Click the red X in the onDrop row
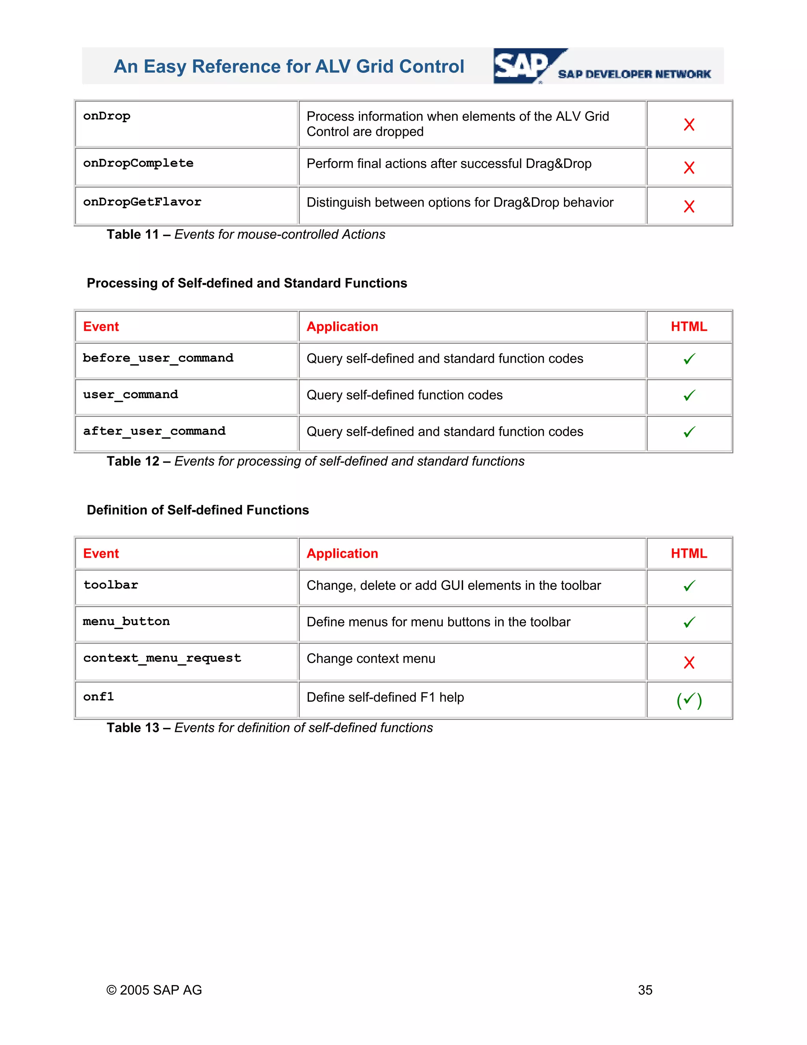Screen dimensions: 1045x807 pyautogui.click(x=688, y=124)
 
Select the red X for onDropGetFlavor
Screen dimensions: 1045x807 pyautogui.click(x=688, y=206)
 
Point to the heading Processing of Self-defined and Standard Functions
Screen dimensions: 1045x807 pyautogui.click(x=247, y=283)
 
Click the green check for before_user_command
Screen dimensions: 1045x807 pyautogui.click(x=688, y=359)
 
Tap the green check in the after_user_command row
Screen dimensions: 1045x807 pyautogui.click(x=688, y=432)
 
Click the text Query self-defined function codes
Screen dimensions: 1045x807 pyautogui.click(x=404, y=395)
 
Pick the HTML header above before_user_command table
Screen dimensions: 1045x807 pyautogui.click(x=688, y=327)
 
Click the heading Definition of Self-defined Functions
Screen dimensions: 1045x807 pyautogui.click(x=197, y=510)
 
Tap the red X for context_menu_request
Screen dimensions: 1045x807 pyautogui.click(x=688, y=663)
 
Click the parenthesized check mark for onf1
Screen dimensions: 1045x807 pyautogui.click(x=688, y=700)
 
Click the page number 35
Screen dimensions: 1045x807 pyautogui.click(x=645, y=990)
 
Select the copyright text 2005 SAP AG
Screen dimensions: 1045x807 pyautogui.click(x=154, y=990)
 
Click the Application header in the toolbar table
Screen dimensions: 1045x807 pyautogui.click(x=342, y=554)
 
